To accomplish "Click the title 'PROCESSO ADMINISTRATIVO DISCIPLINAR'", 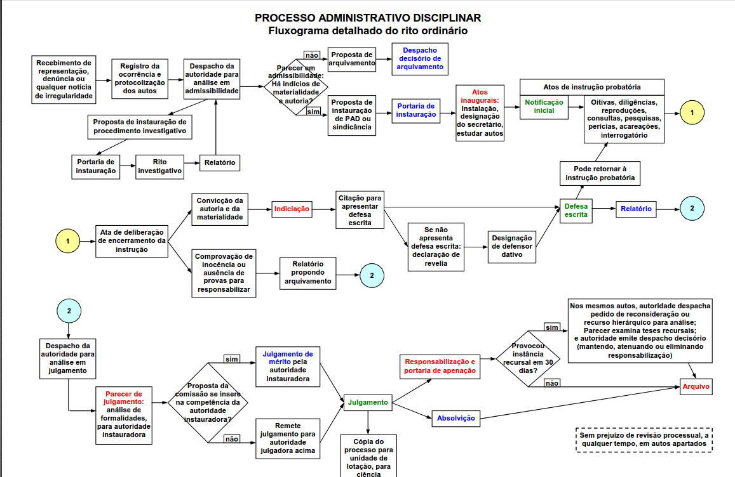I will pos(368,18).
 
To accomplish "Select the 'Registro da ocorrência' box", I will pos(138,79).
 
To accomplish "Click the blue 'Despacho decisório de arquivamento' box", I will pos(420,58).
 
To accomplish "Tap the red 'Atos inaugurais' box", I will pos(480,113).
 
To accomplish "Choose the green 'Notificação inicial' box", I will pos(544,106).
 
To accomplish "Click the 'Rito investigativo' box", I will pos(160,166).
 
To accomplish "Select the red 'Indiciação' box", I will pos(292,209).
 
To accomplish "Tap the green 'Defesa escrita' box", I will pos(576,210).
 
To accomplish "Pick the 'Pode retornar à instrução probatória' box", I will pos(600,174).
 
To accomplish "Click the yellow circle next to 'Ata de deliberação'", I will pos(68,241).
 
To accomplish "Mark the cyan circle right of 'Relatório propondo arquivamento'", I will pos(372,275).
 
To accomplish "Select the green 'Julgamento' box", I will pos(367,402).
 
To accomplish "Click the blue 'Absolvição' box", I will pos(455,418).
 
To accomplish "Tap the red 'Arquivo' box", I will pos(696,387).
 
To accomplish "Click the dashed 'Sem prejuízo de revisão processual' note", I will pos(643,440).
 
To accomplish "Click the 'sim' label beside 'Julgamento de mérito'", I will pos(232,359).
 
